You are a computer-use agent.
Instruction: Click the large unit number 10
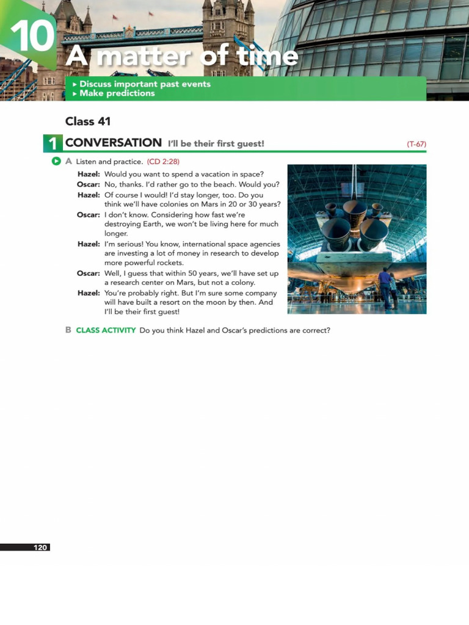(32, 37)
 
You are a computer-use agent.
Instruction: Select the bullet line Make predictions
(117, 93)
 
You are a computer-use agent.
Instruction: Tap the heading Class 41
(88, 121)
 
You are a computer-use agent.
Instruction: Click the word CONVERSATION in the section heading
(114, 143)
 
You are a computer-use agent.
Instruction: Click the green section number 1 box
(53, 143)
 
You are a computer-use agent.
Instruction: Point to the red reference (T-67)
(416, 144)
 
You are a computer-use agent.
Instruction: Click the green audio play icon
(56, 161)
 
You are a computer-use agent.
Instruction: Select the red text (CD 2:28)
(163, 162)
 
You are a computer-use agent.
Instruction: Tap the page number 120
(40, 547)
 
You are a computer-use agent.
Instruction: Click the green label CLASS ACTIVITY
(106, 330)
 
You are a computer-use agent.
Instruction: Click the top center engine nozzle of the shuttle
(354, 211)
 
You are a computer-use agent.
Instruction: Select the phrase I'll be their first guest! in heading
(216, 144)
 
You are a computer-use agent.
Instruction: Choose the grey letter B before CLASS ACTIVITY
(68, 330)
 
